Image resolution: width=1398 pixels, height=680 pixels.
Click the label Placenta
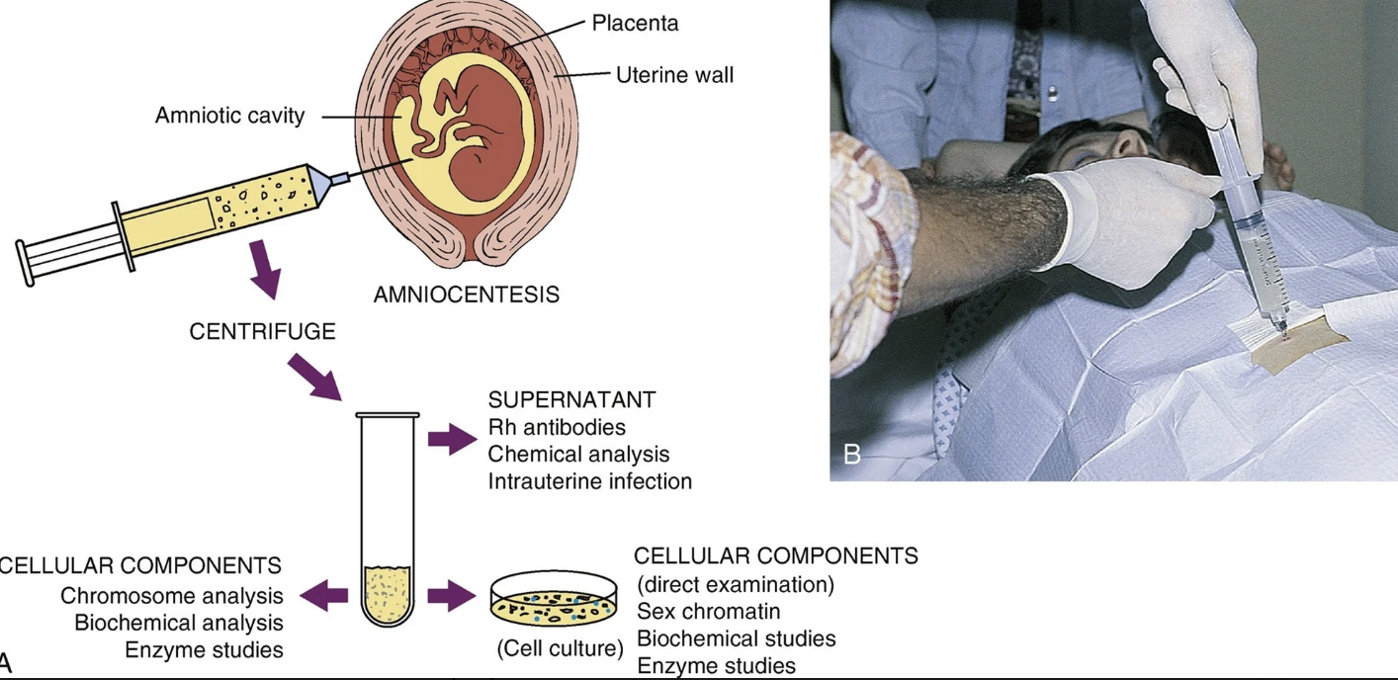(x=635, y=23)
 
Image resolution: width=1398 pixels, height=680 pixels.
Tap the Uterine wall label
(x=674, y=74)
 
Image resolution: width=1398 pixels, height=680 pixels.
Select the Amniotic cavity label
(x=229, y=116)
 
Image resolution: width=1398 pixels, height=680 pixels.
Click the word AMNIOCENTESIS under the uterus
(x=466, y=295)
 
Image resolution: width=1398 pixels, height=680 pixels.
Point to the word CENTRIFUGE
(x=262, y=332)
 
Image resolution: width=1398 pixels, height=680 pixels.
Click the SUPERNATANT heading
(x=571, y=400)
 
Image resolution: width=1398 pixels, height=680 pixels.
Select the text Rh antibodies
(x=557, y=427)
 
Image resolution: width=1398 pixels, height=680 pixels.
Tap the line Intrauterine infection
(x=589, y=481)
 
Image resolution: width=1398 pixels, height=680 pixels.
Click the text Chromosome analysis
(x=172, y=596)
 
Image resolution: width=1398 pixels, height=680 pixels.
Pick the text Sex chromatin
(x=708, y=611)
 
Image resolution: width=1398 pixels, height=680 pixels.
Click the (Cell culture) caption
(x=560, y=649)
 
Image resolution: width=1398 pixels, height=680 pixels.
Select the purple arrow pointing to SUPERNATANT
(x=452, y=438)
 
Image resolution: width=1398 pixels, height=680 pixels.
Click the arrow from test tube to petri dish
(x=451, y=596)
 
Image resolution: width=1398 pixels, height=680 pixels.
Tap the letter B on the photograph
(x=852, y=455)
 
